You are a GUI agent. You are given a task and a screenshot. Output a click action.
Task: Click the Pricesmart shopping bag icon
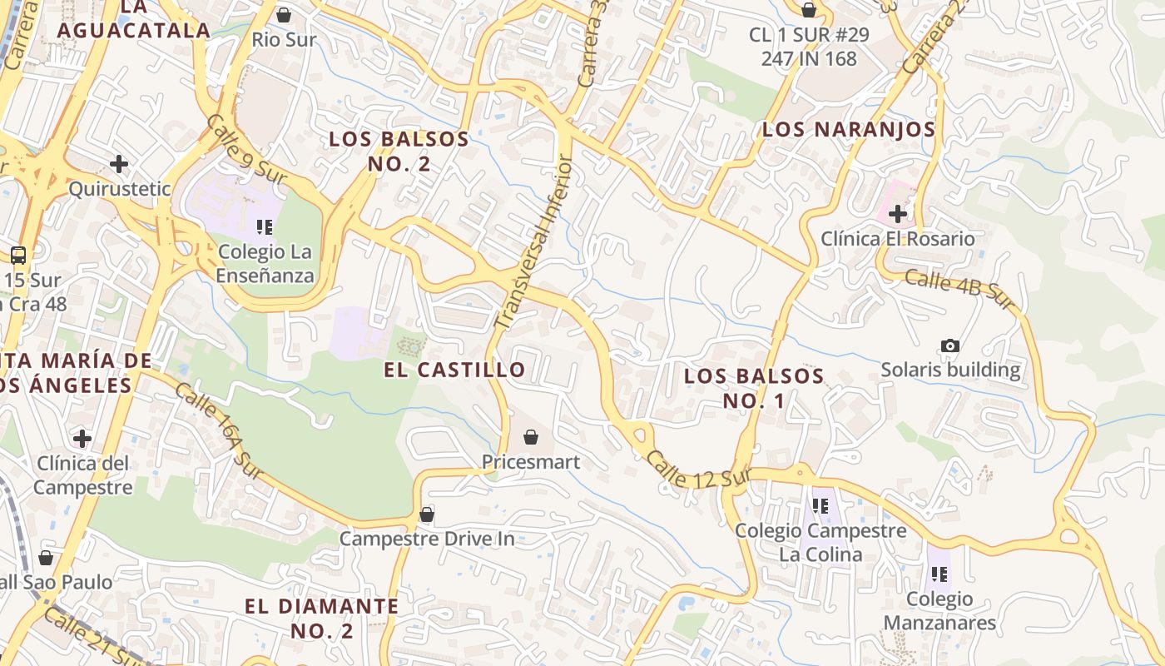531,436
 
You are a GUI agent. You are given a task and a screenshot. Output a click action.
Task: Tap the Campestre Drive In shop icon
427,514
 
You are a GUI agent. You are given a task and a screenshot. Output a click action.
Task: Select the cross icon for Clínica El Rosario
897,214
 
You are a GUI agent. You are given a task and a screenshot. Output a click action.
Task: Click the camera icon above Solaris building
949,345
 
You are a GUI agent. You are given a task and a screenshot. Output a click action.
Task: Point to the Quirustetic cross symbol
119,163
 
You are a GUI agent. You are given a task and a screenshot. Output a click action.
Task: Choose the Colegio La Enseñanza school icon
265,226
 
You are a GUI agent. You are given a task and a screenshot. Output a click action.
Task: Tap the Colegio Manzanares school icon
939,574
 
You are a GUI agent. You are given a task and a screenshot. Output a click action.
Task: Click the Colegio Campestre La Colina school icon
820,505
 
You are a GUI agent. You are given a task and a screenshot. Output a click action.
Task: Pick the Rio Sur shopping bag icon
284,15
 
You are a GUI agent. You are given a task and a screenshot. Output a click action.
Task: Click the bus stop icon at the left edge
18,255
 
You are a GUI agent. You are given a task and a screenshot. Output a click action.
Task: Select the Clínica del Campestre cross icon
82,438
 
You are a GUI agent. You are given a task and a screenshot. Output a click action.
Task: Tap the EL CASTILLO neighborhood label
454,370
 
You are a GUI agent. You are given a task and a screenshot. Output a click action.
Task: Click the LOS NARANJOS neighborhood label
849,130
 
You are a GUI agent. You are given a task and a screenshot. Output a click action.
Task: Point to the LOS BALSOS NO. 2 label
399,151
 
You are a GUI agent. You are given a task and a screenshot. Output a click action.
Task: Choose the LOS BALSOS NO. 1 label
754,388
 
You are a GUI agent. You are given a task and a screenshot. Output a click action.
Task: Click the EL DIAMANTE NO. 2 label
322,618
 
